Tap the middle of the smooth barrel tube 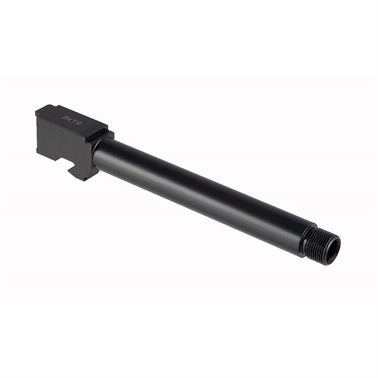coord(200,191)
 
